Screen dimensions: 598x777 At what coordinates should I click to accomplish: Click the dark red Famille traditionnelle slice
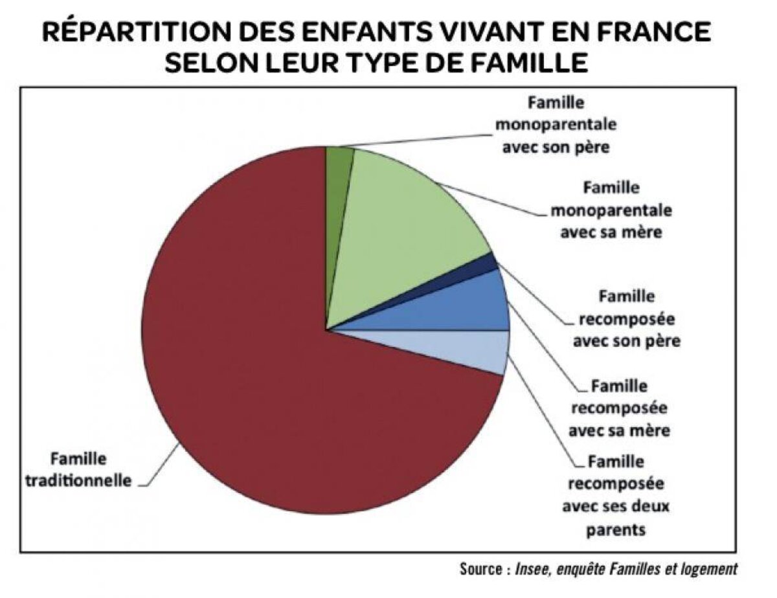246,362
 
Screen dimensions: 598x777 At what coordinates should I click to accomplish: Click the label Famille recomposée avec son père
626,318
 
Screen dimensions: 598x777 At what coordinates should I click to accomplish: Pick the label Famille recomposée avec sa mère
618,408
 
